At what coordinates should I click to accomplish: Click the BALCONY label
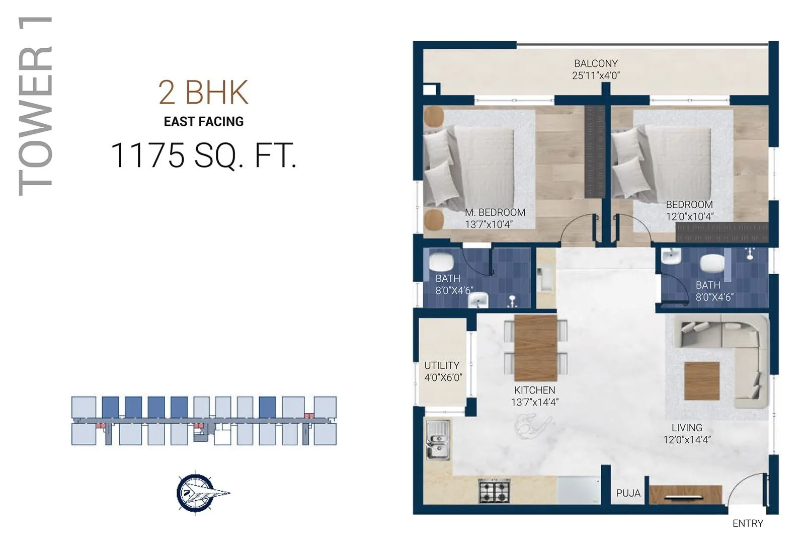[x=596, y=64]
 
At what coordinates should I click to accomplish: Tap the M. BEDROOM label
[x=495, y=212]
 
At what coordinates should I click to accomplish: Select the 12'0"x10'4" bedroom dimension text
[x=689, y=217]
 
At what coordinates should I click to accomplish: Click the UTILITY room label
[x=442, y=365]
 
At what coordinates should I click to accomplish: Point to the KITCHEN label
[x=534, y=390]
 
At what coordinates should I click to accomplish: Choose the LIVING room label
[x=687, y=428]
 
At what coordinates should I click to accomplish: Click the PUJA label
[x=628, y=493]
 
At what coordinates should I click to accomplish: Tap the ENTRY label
[x=748, y=523]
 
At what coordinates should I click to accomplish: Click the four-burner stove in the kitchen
[x=494, y=491]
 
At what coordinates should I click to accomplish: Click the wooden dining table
[x=535, y=348]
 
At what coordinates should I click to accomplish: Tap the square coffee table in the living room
[x=702, y=380]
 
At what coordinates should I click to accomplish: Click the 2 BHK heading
[x=203, y=93]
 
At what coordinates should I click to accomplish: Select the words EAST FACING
[x=203, y=122]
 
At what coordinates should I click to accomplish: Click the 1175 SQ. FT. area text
[x=203, y=155]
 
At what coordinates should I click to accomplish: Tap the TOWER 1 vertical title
[x=35, y=106]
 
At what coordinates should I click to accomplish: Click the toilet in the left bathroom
[x=441, y=263]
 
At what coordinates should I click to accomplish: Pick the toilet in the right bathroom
[x=711, y=263]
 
